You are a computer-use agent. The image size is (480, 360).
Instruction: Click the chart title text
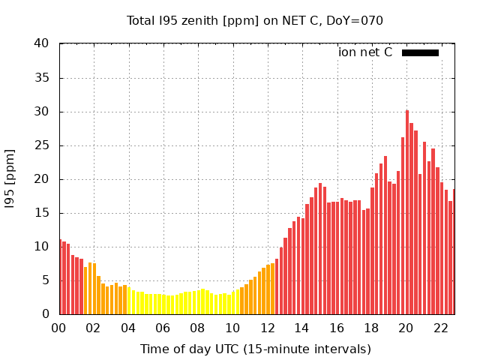255,21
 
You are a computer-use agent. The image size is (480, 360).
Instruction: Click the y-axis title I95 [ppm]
10,178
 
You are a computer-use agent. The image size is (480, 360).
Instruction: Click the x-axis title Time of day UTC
255,349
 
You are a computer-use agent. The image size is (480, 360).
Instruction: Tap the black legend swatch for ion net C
420,52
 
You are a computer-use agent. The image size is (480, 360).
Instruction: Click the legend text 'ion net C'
365,52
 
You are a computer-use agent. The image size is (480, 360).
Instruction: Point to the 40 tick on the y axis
44,44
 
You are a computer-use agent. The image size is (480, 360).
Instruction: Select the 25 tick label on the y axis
44,145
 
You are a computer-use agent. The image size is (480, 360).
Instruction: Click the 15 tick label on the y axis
44,213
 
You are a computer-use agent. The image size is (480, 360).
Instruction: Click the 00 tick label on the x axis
58,328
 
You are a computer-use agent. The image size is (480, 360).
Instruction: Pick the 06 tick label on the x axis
163,328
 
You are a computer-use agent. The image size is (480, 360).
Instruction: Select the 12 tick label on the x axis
267,328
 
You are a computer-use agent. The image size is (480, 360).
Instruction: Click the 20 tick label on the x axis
406,328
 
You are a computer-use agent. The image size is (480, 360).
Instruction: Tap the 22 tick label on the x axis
440,328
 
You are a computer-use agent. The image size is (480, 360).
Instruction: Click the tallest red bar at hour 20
407,214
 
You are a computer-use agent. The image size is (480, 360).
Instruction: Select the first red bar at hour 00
60,277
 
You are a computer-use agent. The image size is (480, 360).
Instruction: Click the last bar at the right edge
453,252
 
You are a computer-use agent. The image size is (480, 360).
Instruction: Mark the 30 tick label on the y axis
44,112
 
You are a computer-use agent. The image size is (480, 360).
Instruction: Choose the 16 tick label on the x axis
337,328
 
